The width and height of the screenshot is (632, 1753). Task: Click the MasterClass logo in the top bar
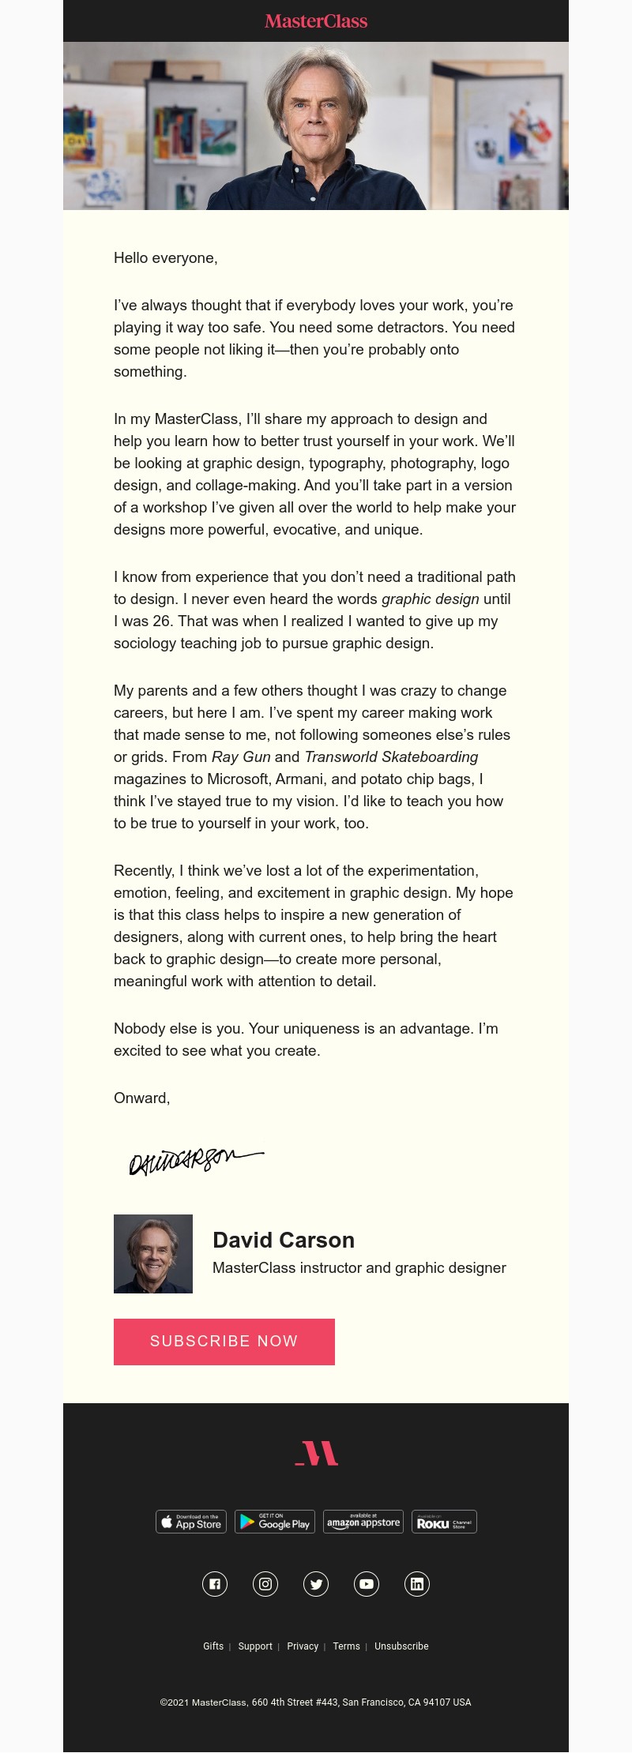(x=316, y=21)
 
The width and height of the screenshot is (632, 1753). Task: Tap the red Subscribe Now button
(x=224, y=1342)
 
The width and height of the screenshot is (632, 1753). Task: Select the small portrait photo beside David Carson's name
(x=153, y=1254)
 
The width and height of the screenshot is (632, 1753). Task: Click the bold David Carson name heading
(x=284, y=1240)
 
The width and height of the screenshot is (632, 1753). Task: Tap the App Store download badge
(x=191, y=1522)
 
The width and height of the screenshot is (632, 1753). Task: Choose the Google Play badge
(x=275, y=1522)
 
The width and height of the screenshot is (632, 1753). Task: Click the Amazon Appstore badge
(x=363, y=1522)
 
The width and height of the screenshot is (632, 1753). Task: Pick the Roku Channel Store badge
(x=444, y=1522)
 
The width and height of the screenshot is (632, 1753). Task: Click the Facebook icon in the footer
(x=215, y=1584)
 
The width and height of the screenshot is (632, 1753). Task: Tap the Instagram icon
(x=265, y=1584)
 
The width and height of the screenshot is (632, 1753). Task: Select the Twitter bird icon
(x=316, y=1584)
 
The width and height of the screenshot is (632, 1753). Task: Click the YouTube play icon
(x=367, y=1584)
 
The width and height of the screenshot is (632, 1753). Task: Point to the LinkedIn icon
(x=417, y=1584)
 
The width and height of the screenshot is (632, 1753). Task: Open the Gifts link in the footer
(x=213, y=1646)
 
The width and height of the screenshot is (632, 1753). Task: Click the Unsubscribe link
(x=401, y=1646)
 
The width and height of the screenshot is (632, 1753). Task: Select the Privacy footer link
(x=303, y=1646)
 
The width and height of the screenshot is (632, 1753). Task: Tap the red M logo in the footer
(x=316, y=1453)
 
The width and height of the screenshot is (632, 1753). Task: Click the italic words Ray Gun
(x=241, y=757)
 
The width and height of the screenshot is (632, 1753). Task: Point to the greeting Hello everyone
(x=165, y=258)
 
